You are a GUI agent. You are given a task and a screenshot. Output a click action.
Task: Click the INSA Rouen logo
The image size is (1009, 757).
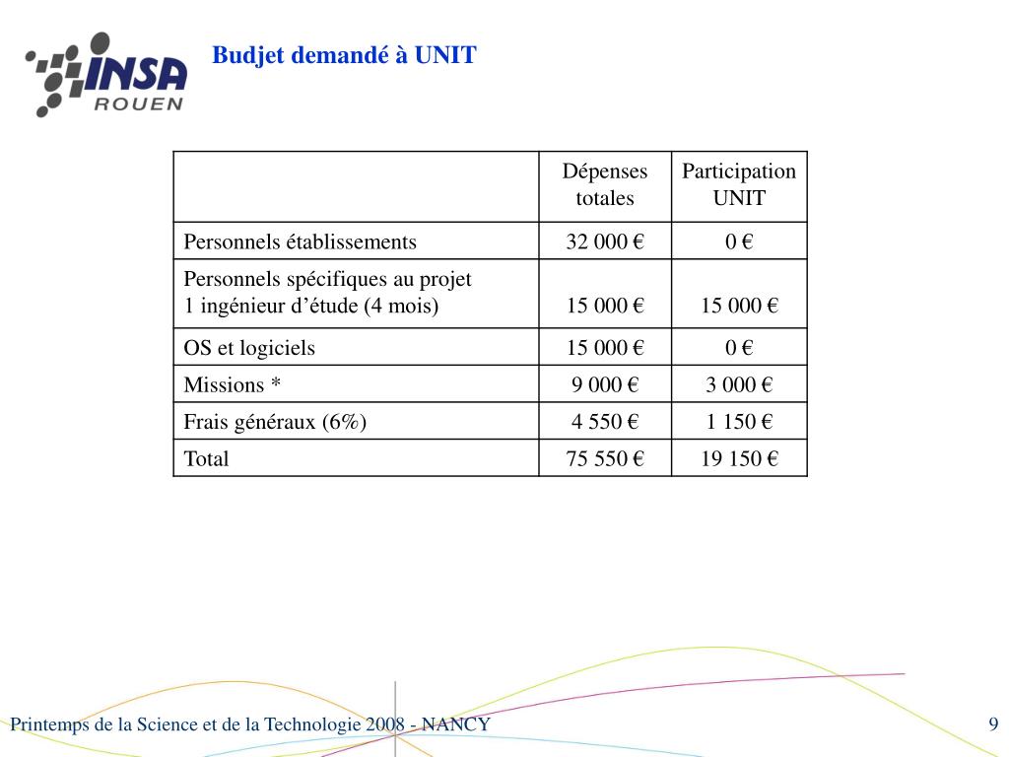[106, 74]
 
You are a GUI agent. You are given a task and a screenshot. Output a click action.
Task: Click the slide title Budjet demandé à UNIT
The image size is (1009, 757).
[344, 55]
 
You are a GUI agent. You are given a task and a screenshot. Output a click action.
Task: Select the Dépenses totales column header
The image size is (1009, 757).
[605, 184]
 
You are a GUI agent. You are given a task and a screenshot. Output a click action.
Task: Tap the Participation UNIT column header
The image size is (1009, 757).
[739, 184]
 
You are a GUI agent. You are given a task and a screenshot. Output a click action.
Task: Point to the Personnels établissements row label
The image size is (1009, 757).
[301, 241]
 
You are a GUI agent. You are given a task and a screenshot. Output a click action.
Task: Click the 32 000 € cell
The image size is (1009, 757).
[605, 241]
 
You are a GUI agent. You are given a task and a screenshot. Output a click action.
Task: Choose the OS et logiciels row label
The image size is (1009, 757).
[250, 347]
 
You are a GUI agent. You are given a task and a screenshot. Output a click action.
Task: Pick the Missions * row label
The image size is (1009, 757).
[233, 384]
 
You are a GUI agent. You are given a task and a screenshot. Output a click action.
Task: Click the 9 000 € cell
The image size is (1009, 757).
[605, 384]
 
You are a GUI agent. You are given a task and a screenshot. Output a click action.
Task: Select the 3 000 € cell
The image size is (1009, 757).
[739, 384]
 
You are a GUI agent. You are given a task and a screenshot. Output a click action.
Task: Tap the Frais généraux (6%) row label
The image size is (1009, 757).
[275, 422]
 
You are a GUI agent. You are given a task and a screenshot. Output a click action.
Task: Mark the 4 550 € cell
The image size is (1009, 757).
[605, 422]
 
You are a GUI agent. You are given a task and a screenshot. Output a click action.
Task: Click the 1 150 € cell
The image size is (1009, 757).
[739, 422]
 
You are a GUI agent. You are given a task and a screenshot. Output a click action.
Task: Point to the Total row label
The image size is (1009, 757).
[206, 458]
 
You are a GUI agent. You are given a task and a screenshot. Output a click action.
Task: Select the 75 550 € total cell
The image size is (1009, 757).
[605, 458]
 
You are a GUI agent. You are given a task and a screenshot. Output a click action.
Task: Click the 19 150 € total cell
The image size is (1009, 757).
[739, 458]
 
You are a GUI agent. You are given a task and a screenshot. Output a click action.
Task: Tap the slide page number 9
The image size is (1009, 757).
[993, 725]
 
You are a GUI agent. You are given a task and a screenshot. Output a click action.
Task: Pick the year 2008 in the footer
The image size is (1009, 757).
[384, 725]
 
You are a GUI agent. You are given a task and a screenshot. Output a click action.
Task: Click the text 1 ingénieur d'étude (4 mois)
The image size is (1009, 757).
[311, 306]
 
